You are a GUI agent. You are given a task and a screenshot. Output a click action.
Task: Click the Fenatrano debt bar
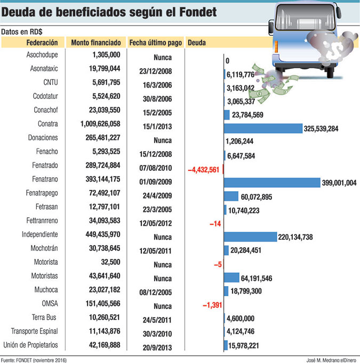(271, 183)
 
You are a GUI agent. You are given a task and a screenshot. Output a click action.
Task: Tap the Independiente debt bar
(250, 237)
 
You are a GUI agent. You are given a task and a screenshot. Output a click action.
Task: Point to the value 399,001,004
(339, 183)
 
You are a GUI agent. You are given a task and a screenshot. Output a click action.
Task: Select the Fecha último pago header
(155, 43)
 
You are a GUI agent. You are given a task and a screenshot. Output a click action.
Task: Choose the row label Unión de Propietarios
(34, 345)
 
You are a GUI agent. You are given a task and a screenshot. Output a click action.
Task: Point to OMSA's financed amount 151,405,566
(103, 304)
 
